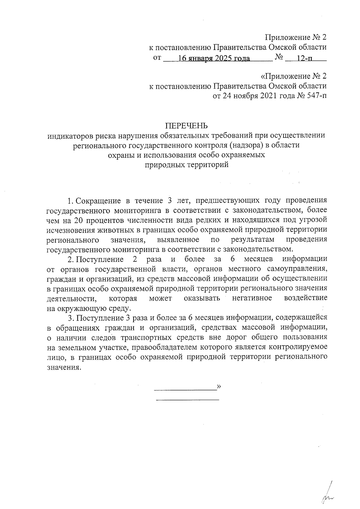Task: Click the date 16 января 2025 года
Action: click(214, 58)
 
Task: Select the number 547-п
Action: click(317, 96)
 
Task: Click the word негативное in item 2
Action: click(252, 298)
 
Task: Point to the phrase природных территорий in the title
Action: click(187, 165)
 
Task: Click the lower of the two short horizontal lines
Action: click(187, 400)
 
